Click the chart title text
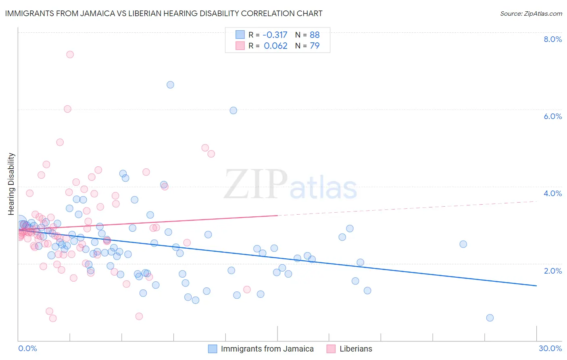164,13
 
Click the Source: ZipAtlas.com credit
531,14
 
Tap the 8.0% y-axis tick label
552,39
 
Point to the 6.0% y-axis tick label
552,116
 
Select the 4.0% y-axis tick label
552,193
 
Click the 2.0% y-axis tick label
552,271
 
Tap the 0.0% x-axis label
27,348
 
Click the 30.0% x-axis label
550,348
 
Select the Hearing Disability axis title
11,184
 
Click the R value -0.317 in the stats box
275,35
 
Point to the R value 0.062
275,46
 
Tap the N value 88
315,35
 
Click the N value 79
315,46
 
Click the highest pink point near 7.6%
70,54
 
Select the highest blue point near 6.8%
170,85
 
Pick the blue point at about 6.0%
233,111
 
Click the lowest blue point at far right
490,318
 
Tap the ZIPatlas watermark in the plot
290,185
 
